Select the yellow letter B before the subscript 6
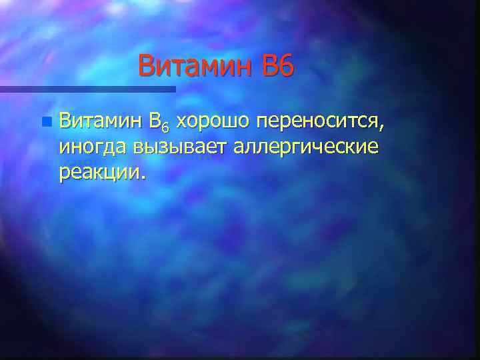(x=155, y=122)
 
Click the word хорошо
(x=213, y=123)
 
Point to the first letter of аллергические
(x=239, y=148)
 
